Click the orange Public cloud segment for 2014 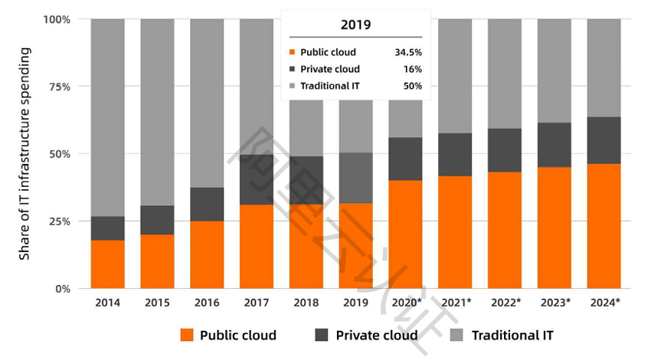pos(107,264)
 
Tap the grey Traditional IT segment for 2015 pos(157,112)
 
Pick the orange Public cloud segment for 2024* pos(604,226)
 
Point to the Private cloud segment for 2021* pos(455,155)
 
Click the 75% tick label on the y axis pos(59,87)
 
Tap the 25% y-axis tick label pos(59,221)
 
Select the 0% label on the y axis pos(62,289)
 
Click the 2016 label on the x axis pos(207,303)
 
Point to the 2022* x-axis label pos(506,303)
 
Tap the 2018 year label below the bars pos(306,303)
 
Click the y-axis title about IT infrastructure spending pos(25,153)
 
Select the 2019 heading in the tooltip pos(355,25)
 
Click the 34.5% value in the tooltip pos(407,53)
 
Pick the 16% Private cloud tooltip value pos(411,69)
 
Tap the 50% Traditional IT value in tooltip pos(411,86)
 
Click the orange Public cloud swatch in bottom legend pos(186,335)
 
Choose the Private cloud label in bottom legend pos(376,335)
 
